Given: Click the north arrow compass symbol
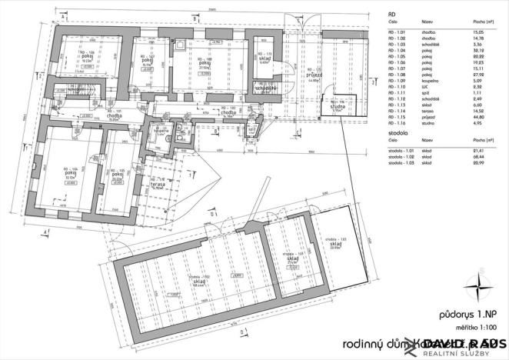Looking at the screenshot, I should (480, 287).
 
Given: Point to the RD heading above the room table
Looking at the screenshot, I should (392, 14).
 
